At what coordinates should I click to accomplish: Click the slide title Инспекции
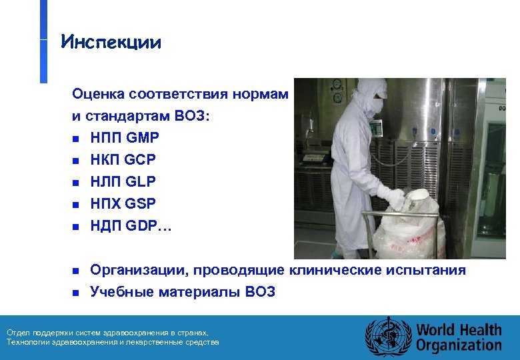click(x=111, y=43)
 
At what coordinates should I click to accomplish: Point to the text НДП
click(x=106, y=225)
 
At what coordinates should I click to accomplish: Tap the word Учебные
click(x=117, y=291)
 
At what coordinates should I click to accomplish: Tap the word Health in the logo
click(x=479, y=330)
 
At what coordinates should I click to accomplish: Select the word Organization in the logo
click(x=459, y=345)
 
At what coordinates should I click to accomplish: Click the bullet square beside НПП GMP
click(x=76, y=139)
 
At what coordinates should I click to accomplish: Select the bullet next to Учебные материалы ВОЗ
click(x=76, y=292)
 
